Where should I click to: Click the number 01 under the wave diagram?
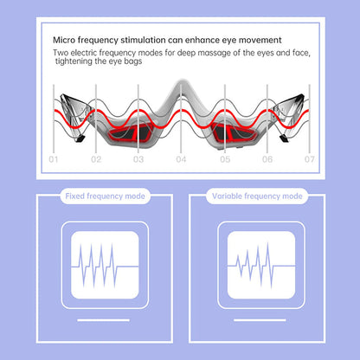coord(53,160)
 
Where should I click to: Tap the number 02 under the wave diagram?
coord(96,160)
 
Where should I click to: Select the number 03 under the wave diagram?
coord(138,160)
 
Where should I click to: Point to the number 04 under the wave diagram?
coord(181,160)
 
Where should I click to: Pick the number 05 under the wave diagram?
coord(224,160)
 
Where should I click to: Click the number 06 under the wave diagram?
coord(267,160)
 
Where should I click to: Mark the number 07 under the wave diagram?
coord(308,160)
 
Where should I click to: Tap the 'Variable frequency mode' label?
coord(257,197)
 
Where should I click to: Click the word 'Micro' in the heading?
coord(67,41)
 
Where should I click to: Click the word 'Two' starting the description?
coord(61,54)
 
